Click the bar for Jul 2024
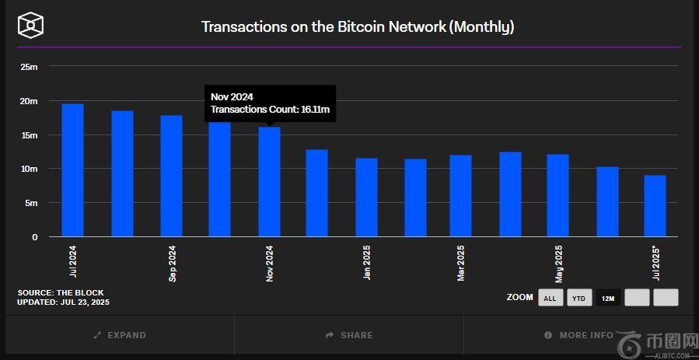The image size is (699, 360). (72, 170)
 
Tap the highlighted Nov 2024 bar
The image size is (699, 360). (269, 182)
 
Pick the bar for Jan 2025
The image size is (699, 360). (366, 197)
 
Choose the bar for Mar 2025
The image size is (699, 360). (460, 196)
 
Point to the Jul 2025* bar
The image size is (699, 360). (655, 206)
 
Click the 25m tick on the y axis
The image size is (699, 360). (29, 67)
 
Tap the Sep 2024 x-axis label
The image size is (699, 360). (172, 264)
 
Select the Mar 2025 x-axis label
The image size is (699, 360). (461, 264)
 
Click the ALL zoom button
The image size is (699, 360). (550, 298)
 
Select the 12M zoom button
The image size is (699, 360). (608, 298)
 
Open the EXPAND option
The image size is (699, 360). (120, 335)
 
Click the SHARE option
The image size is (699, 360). (349, 335)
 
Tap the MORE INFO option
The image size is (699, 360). (579, 335)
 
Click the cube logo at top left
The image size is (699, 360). (30, 26)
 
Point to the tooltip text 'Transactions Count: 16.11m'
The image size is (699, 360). (270, 110)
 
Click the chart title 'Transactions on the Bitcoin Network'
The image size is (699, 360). (358, 26)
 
